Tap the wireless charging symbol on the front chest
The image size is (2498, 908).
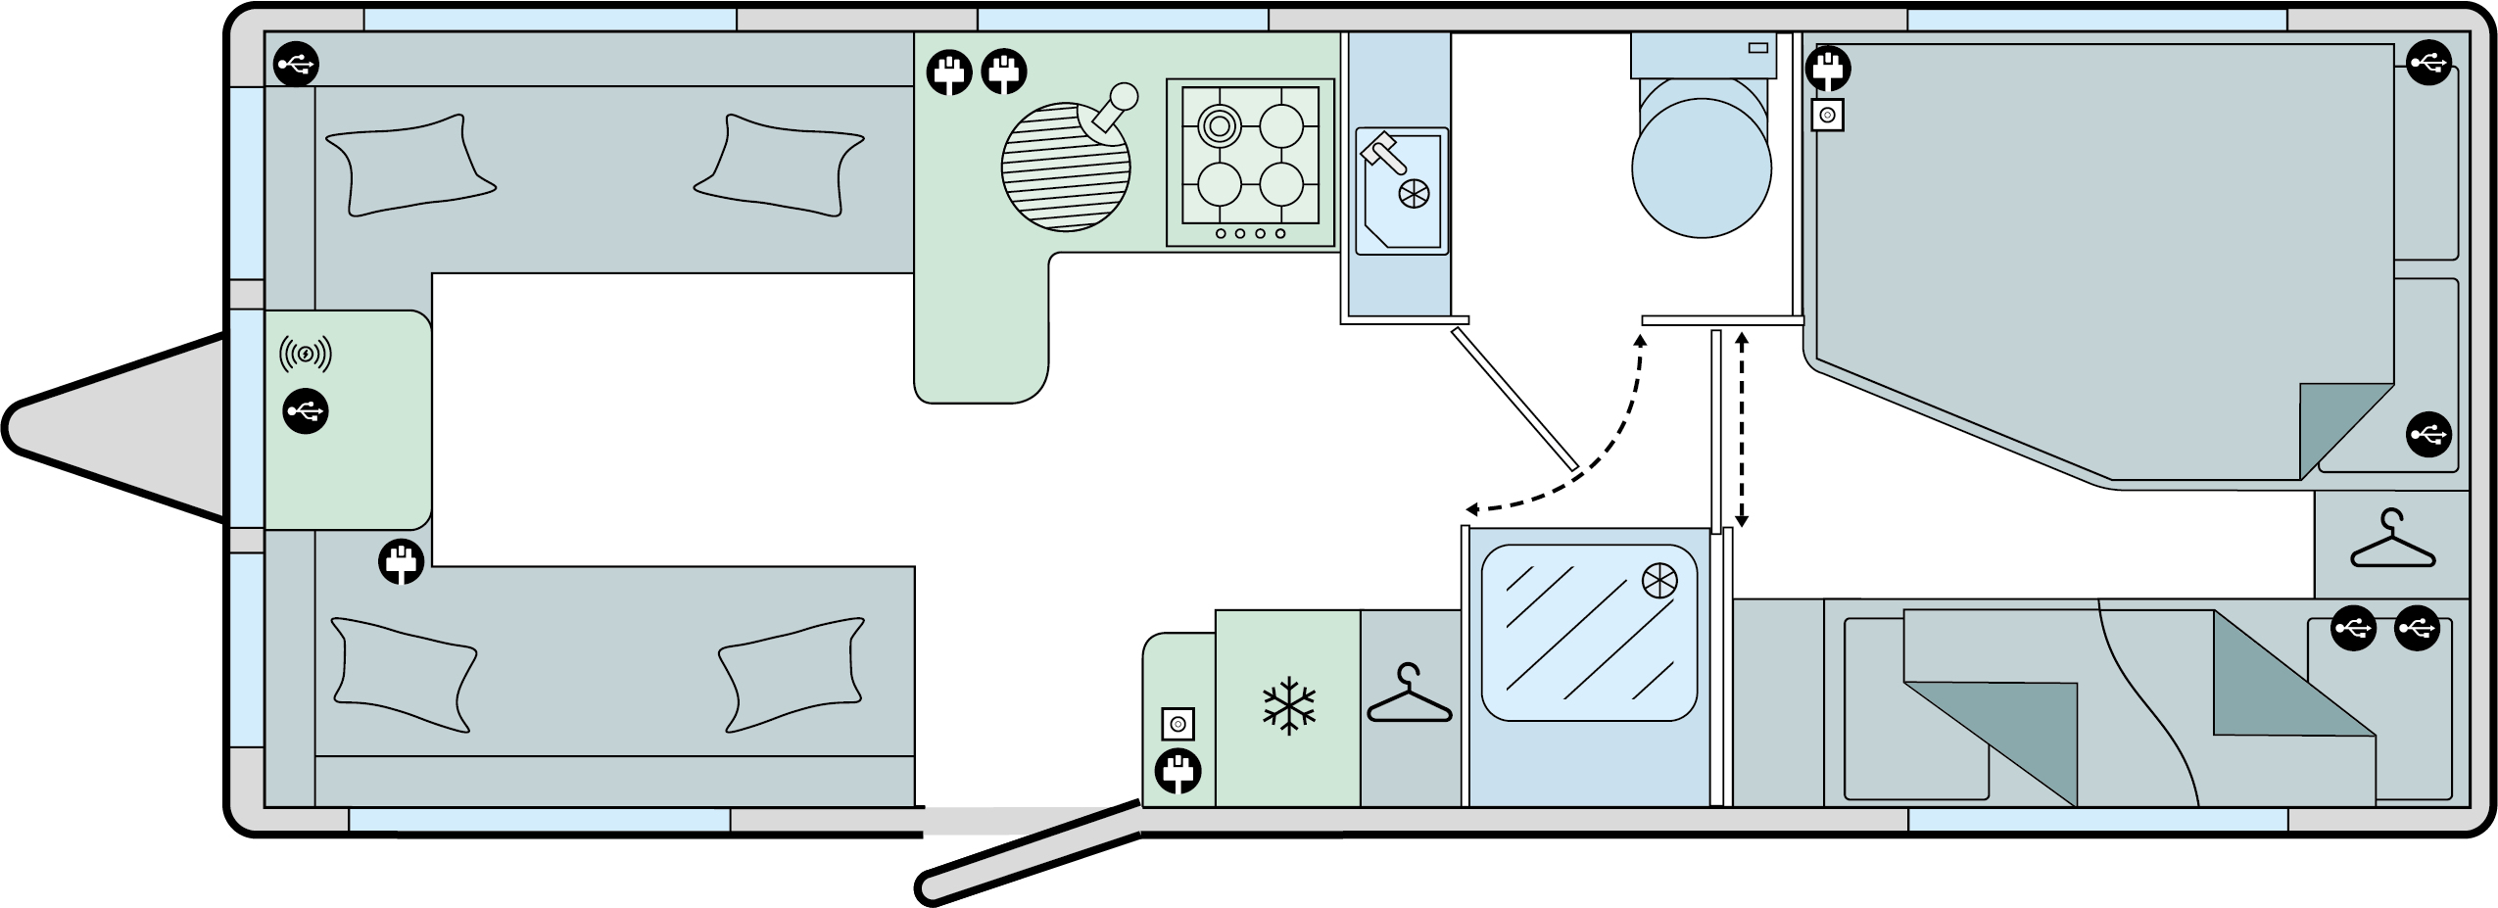point(306,354)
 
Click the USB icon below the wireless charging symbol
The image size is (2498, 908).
point(306,412)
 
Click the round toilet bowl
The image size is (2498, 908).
point(1702,167)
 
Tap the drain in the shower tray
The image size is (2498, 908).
point(1658,581)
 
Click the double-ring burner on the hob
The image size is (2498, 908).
point(1219,125)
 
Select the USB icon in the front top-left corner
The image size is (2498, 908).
point(296,66)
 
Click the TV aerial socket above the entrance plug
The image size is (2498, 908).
point(1177,725)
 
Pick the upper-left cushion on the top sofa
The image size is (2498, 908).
point(408,164)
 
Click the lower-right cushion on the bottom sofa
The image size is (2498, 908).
point(791,674)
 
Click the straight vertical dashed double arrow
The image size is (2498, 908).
point(1741,429)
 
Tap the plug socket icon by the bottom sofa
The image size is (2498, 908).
point(402,563)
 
